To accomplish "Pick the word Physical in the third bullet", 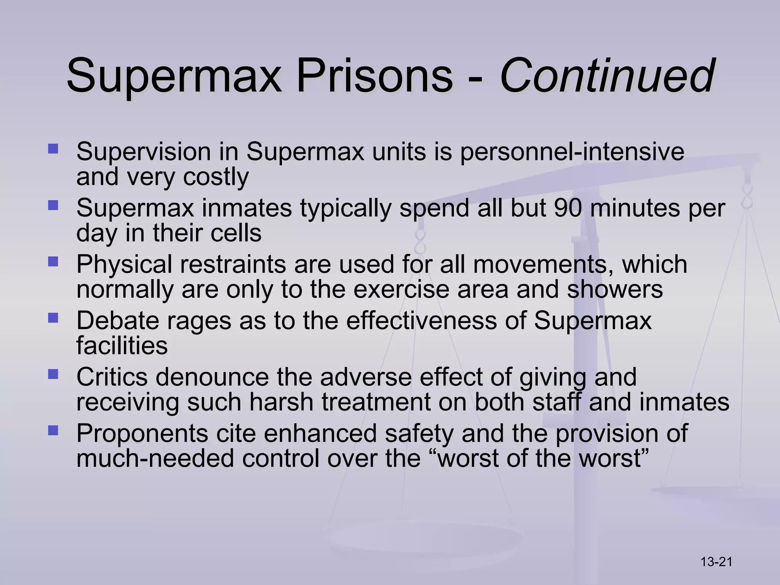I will pos(124,264).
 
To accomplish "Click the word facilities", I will pos(122,346).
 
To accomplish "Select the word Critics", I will pos(112,377).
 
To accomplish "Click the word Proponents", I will pos(142,433).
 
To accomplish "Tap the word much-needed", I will pos(155,459).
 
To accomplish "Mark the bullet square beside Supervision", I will pos(53,148).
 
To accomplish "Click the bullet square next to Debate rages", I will pos(53,317).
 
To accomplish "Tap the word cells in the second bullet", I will pos(236,233).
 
